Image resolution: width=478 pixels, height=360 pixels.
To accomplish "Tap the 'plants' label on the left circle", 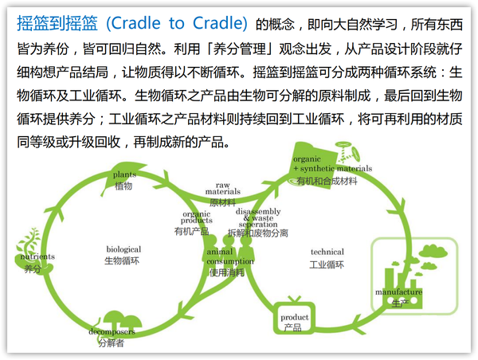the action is pos(124,174).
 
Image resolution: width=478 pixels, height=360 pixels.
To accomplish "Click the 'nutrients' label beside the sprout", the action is pos(37,256).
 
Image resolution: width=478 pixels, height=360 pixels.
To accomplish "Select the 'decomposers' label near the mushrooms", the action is pos(112,331).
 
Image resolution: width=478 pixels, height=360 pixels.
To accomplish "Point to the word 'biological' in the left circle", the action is pos(123,249).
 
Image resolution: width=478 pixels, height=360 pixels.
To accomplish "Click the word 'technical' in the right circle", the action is pos(327,252).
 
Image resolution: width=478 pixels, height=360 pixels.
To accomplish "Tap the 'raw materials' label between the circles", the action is pos(223,189).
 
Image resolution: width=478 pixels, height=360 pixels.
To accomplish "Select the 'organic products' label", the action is pos(196,217).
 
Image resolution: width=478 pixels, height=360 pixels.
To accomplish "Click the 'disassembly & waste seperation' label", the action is pos(258,218).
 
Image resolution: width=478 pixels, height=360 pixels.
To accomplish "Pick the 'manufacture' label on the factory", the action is pos(398,292).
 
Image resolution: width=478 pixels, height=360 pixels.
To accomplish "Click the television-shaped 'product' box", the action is pos(293,317).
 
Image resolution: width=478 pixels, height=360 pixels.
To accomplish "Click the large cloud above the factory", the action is pos(433,251).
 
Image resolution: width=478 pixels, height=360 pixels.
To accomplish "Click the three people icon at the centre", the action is pos(229,251).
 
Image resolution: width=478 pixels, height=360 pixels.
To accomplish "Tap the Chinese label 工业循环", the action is pos(327,264).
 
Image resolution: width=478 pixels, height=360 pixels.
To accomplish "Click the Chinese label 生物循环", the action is pos(122,261).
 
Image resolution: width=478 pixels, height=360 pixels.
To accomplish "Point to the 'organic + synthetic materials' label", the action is pos(332,164).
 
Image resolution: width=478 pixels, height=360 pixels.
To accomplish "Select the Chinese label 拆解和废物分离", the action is pos(258,233).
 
